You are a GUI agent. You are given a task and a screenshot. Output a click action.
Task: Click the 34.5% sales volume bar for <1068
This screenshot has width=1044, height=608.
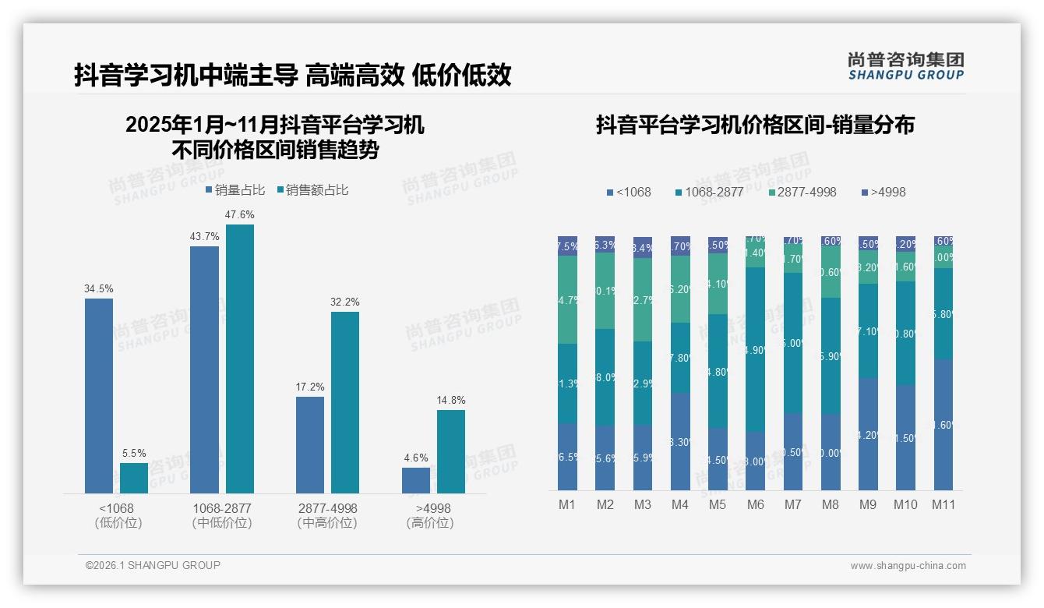pos(99,395)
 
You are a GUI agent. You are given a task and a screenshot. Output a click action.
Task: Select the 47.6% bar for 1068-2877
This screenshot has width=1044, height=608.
pos(240,359)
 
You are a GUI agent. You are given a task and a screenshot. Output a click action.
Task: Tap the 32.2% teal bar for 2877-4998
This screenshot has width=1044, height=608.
pos(345,402)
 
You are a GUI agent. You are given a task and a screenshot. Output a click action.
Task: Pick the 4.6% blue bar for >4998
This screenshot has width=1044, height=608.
pos(416,480)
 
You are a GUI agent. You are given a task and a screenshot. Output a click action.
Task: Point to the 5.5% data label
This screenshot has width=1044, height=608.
pos(134,453)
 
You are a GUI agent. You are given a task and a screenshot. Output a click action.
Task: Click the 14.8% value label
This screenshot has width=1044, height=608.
pos(451,400)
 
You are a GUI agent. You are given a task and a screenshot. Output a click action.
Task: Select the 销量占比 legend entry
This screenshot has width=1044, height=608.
pos(235,190)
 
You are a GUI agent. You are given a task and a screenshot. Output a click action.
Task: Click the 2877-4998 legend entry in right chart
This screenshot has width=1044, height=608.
pos(802,192)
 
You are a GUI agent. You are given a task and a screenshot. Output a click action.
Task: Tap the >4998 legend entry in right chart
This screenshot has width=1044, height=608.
pos(884,192)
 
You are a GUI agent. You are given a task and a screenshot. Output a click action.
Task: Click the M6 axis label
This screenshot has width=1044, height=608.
pos(755,504)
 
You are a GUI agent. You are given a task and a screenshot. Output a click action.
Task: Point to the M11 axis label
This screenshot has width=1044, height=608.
pos(943,504)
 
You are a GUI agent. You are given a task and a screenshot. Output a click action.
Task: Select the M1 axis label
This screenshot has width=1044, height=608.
pos(567,504)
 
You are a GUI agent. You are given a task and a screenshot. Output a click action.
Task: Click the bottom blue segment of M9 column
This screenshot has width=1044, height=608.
pos(868,434)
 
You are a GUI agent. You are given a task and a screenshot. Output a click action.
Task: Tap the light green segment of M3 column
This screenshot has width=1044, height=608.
pos(643,299)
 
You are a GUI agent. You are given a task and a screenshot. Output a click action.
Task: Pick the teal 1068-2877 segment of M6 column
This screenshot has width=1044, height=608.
pos(755,349)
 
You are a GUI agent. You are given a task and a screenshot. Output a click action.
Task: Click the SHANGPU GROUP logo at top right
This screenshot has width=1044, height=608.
pos(906,66)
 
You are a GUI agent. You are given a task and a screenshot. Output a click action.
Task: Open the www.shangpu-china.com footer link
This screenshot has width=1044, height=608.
pos(908,566)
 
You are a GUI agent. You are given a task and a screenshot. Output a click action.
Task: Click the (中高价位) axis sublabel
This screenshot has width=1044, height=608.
pos(327,523)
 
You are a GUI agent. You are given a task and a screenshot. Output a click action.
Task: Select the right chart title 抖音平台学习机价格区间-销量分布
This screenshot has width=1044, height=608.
pos(755,125)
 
